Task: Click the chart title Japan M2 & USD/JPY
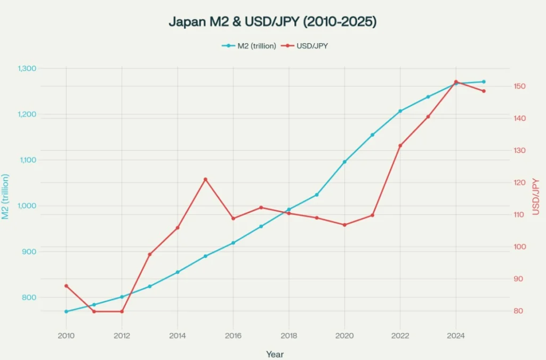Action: pyautogui.click(x=272, y=22)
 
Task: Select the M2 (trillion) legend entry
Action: pyautogui.click(x=250, y=46)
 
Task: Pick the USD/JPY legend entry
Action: pyautogui.click(x=307, y=46)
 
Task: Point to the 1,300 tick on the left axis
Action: pyautogui.click(x=27, y=68)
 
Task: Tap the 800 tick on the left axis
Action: pyautogui.click(x=30, y=297)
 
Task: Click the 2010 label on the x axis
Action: pyautogui.click(x=66, y=335)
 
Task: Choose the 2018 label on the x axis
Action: pyautogui.click(x=288, y=335)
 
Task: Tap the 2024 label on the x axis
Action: pyautogui.click(x=455, y=335)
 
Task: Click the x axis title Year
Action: pyautogui.click(x=275, y=354)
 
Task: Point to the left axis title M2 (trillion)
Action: pyautogui.click(x=6, y=197)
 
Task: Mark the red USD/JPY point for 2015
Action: pyautogui.click(x=205, y=179)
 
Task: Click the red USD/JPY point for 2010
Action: pyautogui.click(x=66, y=286)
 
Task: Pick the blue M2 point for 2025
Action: pyautogui.click(x=484, y=82)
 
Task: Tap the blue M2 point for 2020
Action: pyautogui.click(x=344, y=162)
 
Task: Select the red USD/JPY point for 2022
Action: pyautogui.click(x=400, y=146)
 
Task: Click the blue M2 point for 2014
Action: pyautogui.click(x=178, y=272)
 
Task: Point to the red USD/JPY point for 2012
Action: pyautogui.click(x=122, y=311)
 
